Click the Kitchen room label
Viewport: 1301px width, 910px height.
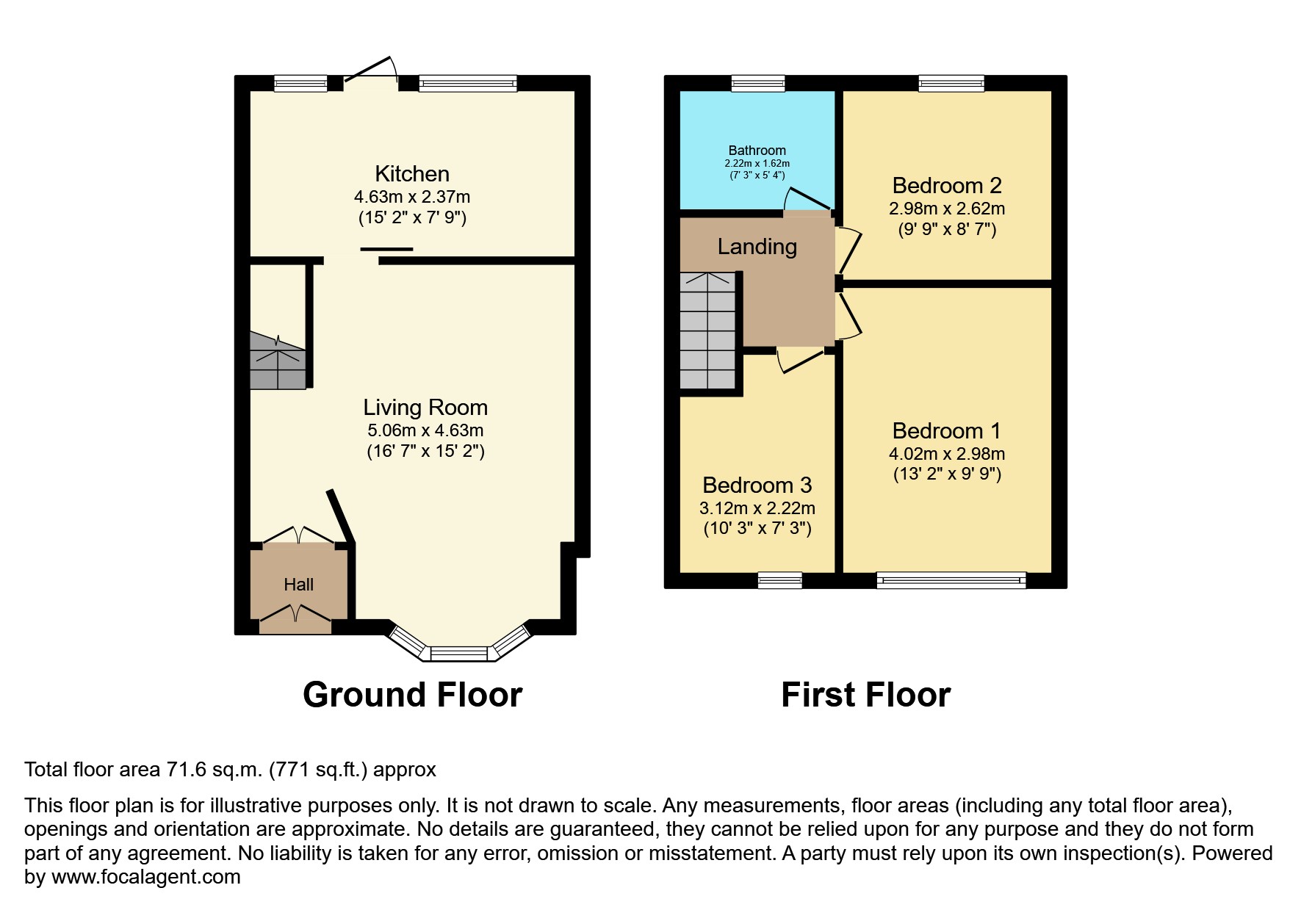pyautogui.click(x=411, y=174)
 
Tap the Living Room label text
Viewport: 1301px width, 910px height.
pyautogui.click(x=425, y=408)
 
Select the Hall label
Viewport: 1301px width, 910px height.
pyautogui.click(x=298, y=585)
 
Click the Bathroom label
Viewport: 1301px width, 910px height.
pyautogui.click(x=757, y=151)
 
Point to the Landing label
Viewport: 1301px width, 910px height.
pyautogui.click(x=757, y=246)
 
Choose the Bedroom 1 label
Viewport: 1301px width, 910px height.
pyautogui.click(x=947, y=430)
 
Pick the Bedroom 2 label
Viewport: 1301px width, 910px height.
pyautogui.click(x=947, y=185)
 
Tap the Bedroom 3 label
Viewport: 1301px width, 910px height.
pyautogui.click(x=757, y=485)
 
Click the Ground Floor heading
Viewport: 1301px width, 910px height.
pyautogui.click(x=412, y=695)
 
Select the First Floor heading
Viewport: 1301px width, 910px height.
pyautogui.click(x=865, y=695)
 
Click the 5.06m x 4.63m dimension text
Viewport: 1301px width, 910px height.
pyautogui.click(x=425, y=430)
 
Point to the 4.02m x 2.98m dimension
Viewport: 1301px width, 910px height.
pyautogui.click(x=947, y=454)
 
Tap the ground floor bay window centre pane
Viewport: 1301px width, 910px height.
pyautogui.click(x=458, y=653)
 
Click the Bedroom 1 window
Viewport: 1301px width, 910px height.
pyautogui.click(x=951, y=581)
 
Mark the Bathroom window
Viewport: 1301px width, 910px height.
pyautogui.click(x=758, y=83)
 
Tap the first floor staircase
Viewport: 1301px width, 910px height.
pyautogui.click(x=707, y=331)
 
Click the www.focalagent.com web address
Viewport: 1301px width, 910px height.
pyautogui.click(x=145, y=877)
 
